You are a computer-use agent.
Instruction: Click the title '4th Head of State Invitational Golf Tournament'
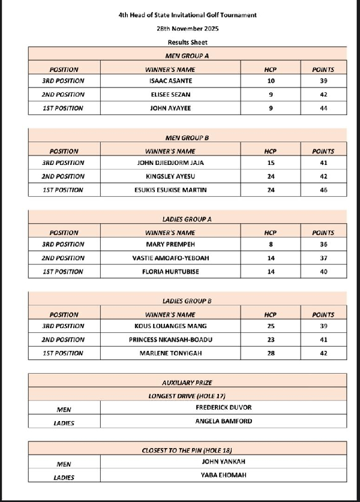pos(187,15)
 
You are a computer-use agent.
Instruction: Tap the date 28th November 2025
pos(187,28)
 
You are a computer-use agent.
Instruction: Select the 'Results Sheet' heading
pos(187,42)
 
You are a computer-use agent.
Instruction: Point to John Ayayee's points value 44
pos(323,109)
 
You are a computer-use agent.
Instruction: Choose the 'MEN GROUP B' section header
pos(187,138)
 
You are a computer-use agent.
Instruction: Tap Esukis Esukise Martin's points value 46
pos(323,190)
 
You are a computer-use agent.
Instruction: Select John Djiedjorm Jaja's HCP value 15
pos(270,163)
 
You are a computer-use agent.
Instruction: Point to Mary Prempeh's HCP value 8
pos(270,245)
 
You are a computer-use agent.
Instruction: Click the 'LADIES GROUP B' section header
pos(187,300)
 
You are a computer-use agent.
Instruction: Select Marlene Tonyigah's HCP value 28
pos(270,353)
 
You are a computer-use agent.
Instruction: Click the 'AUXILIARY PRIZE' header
pos(187,382)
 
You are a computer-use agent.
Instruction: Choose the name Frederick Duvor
pos(223,408)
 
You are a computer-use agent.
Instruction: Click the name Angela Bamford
pos(223,421)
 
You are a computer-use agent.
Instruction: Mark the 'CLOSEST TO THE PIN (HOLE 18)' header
pos(187,449)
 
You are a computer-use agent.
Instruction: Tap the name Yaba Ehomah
pos(223,475)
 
